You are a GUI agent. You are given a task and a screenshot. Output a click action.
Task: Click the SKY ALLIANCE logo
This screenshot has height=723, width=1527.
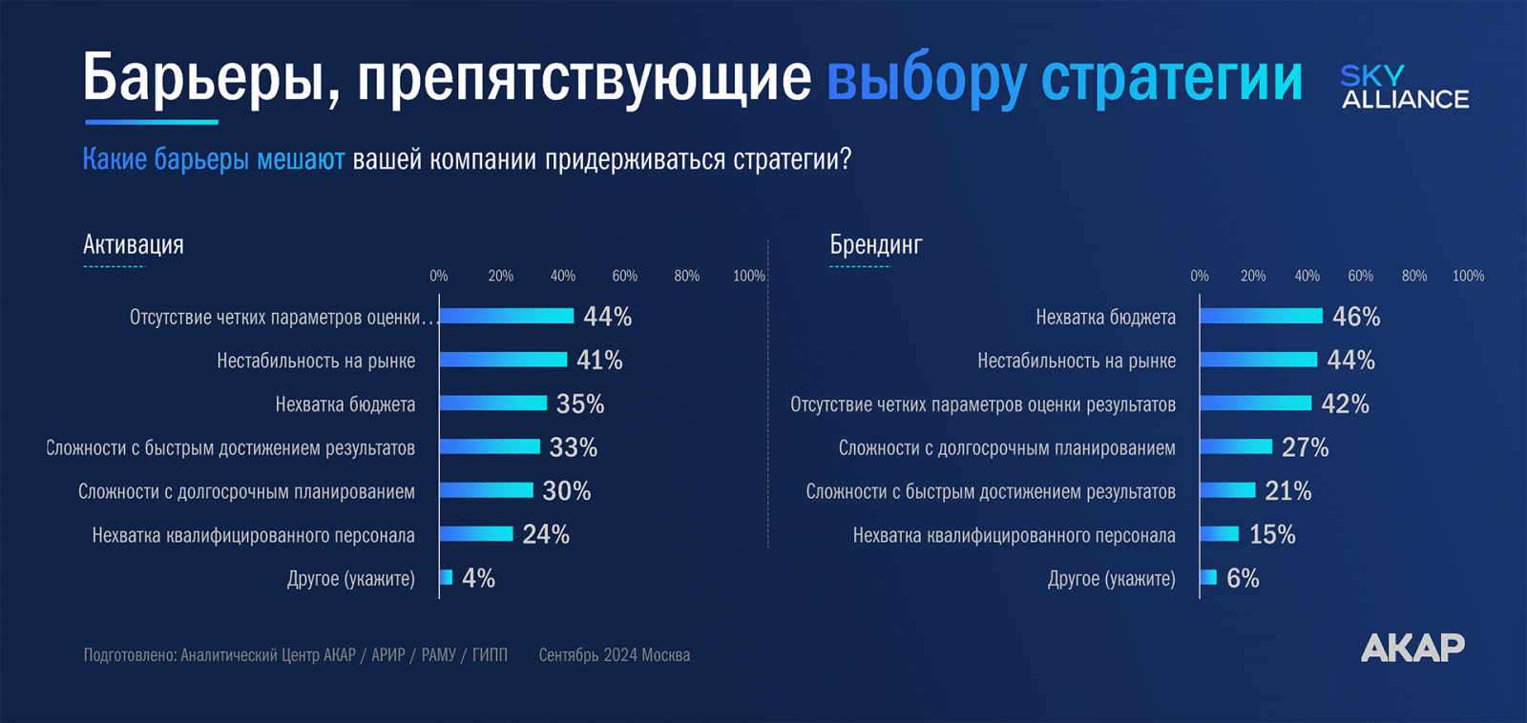[x=1404, y=87]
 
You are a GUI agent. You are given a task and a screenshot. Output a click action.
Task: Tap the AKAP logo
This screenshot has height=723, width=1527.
[x=1412, y=648]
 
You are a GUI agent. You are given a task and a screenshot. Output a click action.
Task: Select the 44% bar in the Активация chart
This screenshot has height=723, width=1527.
[x=506, y=316]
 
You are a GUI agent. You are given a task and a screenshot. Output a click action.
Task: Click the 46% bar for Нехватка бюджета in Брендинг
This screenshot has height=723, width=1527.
[x=1261, y=316]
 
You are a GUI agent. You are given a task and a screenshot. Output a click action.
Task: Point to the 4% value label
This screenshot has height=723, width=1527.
[x=478, y=578]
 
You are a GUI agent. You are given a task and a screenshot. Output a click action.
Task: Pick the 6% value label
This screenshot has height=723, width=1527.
[x=1243, y=578]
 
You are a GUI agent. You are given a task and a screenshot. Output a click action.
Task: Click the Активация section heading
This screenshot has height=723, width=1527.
[x=134, y=245]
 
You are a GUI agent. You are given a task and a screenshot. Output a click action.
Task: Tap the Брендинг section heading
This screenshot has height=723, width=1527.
[x=875, y=245]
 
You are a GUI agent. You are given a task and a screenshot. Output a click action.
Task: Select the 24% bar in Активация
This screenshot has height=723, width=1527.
[x=475, y=534]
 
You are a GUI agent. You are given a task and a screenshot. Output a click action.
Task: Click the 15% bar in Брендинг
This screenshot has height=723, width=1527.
[x=1219, y=534]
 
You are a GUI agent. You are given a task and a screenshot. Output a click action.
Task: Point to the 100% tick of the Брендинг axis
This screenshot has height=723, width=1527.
[x=1468, y=276]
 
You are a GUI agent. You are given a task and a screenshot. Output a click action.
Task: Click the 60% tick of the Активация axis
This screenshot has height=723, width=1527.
[x=624, y=276]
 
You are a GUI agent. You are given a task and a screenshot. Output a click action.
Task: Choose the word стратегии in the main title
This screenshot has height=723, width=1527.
[x=1171, y=78]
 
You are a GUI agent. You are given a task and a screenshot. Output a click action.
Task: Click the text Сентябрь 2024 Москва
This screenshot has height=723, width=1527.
[x=614, y=655]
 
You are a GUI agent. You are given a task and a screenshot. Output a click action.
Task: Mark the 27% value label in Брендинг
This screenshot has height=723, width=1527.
[x=1305, y=447]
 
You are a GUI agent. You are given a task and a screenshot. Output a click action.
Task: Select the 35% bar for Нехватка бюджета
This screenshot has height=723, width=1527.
[x=492, y=403]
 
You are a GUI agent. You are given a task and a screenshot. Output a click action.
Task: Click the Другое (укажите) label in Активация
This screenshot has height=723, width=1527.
[x=350, y=579]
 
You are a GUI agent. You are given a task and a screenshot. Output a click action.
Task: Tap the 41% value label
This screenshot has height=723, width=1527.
[x=599, y=360]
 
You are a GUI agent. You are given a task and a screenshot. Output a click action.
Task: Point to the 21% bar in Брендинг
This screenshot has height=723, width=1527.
[x=1227, y=490]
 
